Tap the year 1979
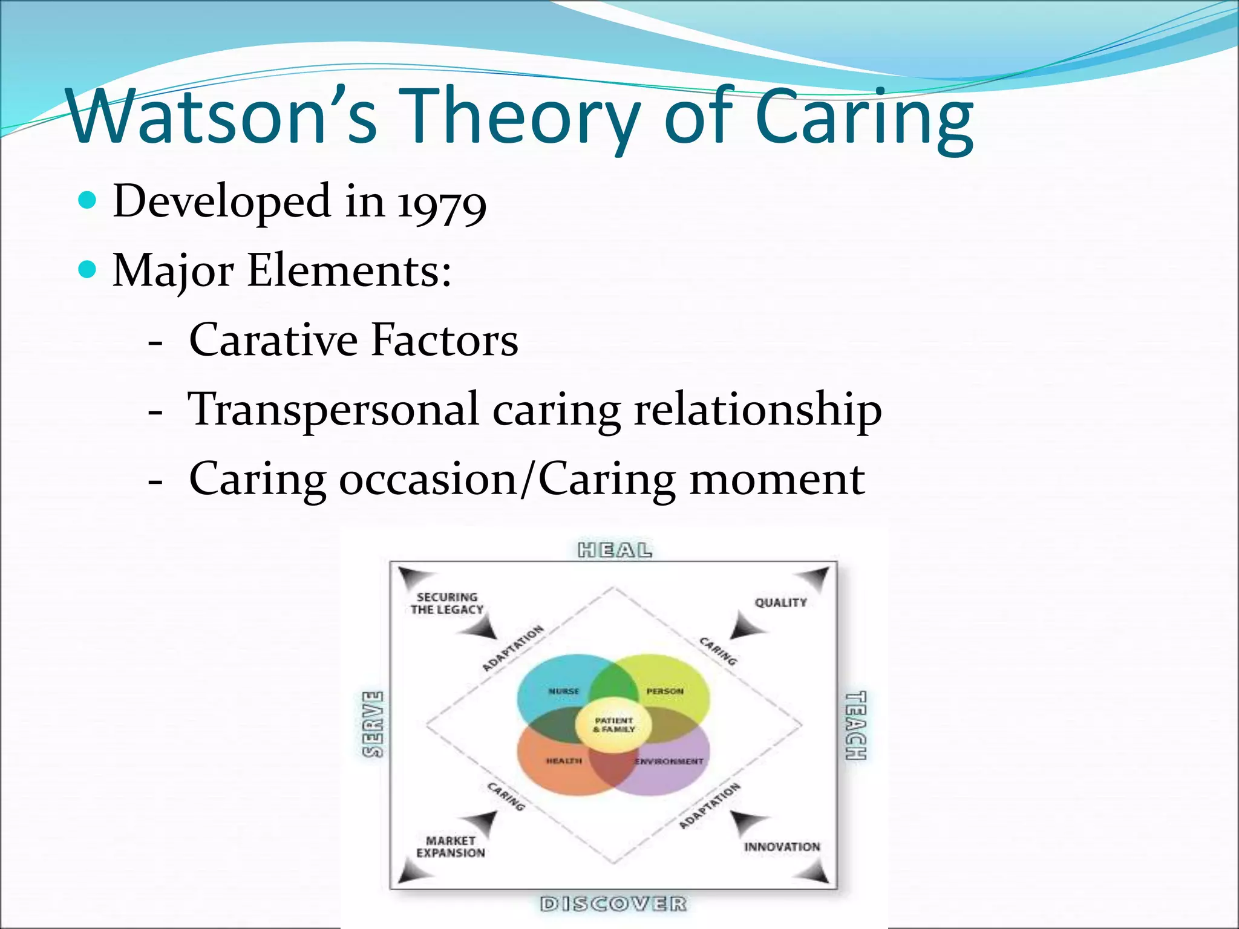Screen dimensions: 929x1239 point(442,203)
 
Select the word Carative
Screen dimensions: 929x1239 point(273,340)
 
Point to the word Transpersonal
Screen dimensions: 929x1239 point(334,410)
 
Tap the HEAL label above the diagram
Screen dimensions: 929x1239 point(615,550)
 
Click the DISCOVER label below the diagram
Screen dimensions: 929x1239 point(613,904)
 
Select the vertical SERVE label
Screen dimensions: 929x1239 point(373,724)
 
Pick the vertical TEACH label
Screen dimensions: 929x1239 point(855,725)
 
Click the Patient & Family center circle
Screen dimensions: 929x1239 point(613,725)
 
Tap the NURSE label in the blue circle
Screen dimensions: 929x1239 point(563,691)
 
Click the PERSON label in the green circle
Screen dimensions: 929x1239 point(664,691)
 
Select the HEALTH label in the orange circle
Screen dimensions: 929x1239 point(564,761)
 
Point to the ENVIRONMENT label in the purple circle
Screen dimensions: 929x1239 point(669,761)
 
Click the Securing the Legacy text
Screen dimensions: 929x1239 point(447,604)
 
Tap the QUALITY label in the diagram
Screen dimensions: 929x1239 point(780,602)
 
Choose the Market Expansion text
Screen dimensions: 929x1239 point(451,847)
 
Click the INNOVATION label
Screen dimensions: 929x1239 point(782,847)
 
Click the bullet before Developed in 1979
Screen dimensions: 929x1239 point(88,200)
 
